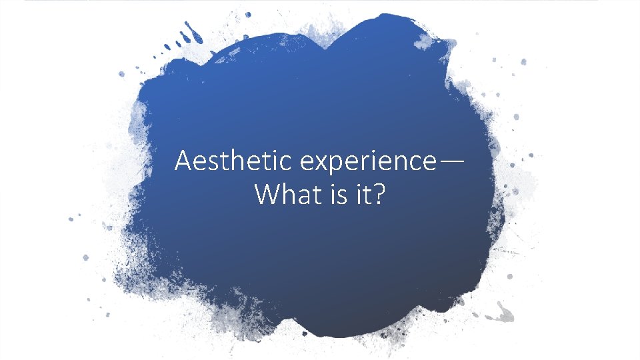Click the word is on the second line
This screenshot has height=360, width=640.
pyautogui.click(x=335, y=194)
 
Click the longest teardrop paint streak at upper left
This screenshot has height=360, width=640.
pyautogui.click(x=195, y=31)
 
